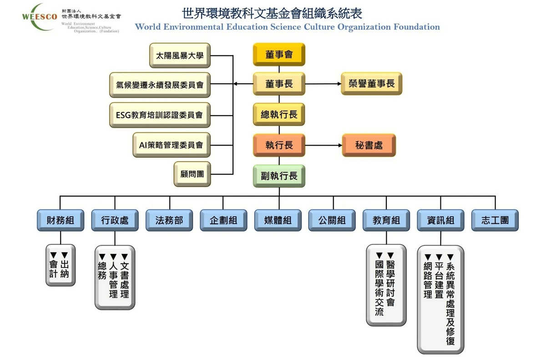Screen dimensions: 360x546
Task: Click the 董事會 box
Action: pos(279,55)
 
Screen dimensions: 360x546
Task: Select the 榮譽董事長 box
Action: pos(371,84)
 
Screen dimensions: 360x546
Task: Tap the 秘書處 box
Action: pos(369,145)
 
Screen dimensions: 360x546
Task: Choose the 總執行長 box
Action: pos(279,114)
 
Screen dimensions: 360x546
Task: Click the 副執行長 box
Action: pos(279,176)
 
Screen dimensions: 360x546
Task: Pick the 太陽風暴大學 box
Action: pos(180,56)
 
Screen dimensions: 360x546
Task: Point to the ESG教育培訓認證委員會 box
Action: pos(160,115)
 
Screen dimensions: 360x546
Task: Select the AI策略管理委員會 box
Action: pos(171,145)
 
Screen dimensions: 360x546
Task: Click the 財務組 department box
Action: pos(61,220)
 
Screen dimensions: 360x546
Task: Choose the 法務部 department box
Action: pos(169,220)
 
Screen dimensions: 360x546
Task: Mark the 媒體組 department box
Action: pos(278,220)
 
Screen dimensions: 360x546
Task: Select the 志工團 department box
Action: pos(495,220)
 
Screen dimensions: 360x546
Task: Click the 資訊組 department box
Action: pos(440,220)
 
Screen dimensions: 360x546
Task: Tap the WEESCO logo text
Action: pos(39,17)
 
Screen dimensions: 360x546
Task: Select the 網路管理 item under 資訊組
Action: pos(428,278)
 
